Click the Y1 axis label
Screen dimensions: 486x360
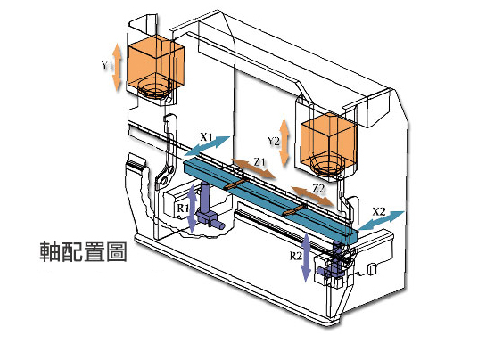tap(106, 66)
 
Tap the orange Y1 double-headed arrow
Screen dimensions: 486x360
tap(117, 67)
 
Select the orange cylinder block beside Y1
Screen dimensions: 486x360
tap(156, 67)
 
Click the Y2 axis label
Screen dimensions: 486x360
tap(274, 142)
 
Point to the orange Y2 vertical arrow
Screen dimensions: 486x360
tap(284, 143)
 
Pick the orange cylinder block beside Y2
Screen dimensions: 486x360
tap(328, 145)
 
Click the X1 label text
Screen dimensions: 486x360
tap(206, 136)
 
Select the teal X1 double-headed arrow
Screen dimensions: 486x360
tap(207, 145)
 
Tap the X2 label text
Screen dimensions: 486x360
tap(378, 212)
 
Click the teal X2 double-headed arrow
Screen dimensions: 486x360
tap(382, 220)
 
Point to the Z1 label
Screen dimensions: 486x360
tap(259, 161)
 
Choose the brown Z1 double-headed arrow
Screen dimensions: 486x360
tap(253, 168)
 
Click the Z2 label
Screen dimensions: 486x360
tap(318, 188)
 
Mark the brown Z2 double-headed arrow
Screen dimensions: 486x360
tap(312, 196)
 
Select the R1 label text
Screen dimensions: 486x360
tap(183, 209)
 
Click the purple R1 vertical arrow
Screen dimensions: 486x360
tap(192, 209)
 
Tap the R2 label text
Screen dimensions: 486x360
tap(296, 257)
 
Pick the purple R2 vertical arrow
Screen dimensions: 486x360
tap(306, 258)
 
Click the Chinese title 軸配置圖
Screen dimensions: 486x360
tap(83, 251)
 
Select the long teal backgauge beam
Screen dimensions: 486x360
tap(270, 200)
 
